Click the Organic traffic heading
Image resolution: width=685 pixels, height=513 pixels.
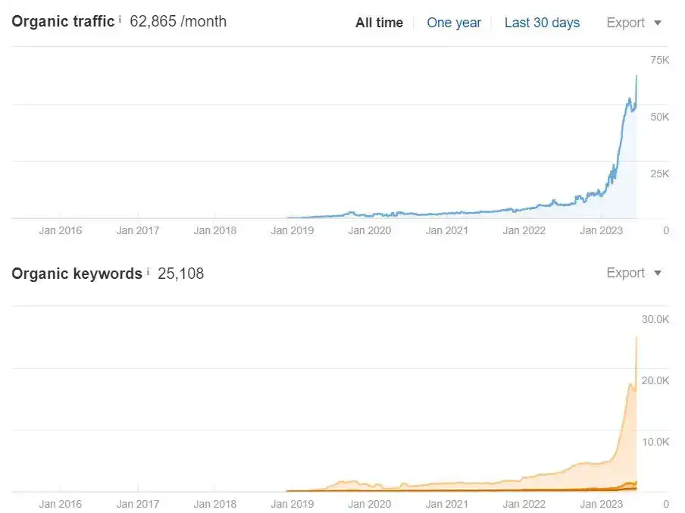63,21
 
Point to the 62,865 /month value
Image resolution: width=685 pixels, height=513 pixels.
178,21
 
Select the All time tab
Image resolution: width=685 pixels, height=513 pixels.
379,23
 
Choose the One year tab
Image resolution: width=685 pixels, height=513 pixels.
454,23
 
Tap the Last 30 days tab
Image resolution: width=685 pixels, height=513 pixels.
542,23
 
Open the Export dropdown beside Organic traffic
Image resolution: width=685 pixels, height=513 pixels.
633,23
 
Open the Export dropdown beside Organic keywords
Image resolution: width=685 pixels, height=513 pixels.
633,273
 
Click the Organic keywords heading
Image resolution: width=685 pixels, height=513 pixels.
77,274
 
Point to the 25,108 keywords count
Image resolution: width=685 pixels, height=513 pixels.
181,274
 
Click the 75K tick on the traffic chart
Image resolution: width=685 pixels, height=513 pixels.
659,60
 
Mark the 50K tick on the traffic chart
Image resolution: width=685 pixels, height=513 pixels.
659,117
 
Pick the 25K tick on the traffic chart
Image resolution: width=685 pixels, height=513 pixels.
659,174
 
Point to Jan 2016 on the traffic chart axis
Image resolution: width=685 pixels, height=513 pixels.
61,230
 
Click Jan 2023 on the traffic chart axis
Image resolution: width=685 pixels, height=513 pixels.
602,230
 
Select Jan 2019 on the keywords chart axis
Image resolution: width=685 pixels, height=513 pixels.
292,504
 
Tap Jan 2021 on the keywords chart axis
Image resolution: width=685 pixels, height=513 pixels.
447,504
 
